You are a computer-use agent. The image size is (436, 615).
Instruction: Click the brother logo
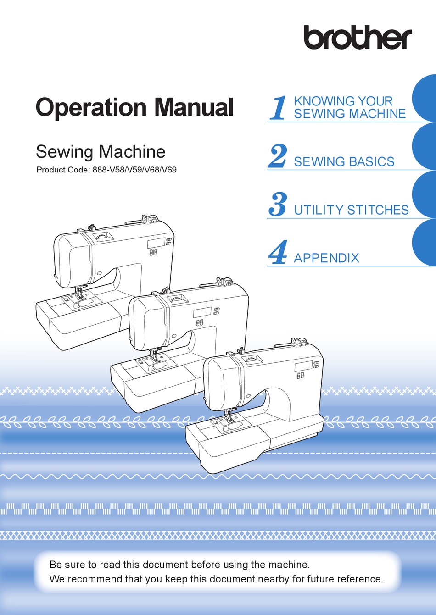[358, 38]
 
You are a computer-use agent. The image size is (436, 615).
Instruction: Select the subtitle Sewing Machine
[101, 152]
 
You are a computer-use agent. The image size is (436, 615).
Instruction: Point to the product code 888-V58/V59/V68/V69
[134, 170]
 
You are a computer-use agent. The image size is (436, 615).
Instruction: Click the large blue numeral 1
[278, 108]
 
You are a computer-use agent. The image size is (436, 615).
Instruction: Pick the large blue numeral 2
[278, 156]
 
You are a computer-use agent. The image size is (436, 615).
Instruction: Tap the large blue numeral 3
[278, 205]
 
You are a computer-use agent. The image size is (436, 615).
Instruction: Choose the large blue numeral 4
[278, 253]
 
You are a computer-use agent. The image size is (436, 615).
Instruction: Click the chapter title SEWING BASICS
[344, 162]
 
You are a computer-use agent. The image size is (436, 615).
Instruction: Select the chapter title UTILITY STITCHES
[351, 210]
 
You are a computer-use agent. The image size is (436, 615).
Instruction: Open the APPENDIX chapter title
[326, 258]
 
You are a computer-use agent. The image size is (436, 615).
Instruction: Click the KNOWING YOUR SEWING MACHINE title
[349, 107]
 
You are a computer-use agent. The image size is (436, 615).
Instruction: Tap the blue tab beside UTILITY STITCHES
[425, 195]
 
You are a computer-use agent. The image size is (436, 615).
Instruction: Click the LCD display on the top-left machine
[155, 244]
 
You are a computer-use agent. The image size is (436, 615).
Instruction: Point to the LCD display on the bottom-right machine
[303, 366]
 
